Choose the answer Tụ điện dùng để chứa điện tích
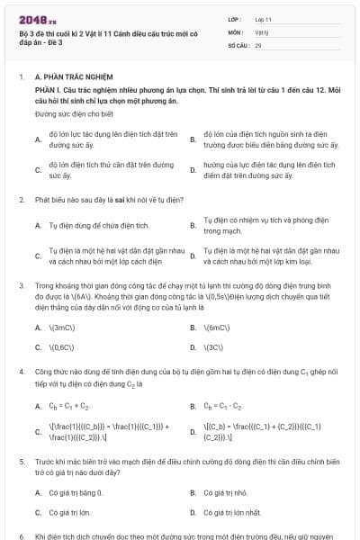[x=99, y=225]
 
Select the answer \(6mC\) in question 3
[x=218, y=327]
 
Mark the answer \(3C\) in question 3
[x=215, y=346]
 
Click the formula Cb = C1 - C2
[x=224, y=407]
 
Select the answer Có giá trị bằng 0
[x=76, y=492]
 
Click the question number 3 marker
[x=22, y=284]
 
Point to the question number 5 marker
[x=22, y=460]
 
